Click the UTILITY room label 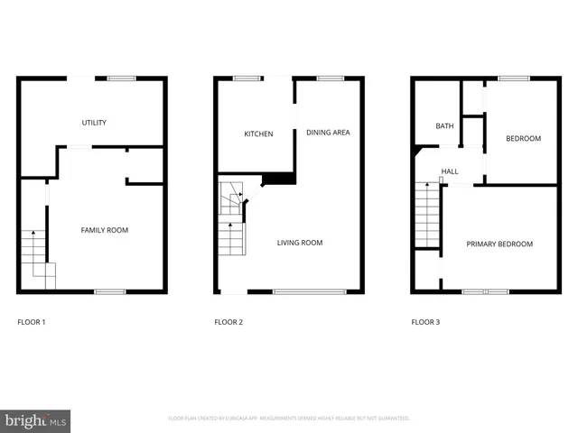coord(95,122)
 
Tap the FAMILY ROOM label coord(105,230)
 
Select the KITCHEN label coord(258,134)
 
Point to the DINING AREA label coord(328,133)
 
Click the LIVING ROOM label coord(299,243)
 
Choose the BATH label coord(444,126)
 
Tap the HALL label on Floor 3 coord(450,171)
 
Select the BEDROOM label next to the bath coord(523,138)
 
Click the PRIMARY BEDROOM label coord(499,244)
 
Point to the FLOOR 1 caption coord(32,321)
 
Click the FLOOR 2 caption coord(228,321)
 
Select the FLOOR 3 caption coord(425,321)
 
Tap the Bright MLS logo coord(36,420)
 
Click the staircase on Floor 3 coord(427,214)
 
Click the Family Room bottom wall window coord(110,291)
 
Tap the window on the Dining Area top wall coord(330,78)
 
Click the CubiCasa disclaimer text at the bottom coord(289,419)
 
